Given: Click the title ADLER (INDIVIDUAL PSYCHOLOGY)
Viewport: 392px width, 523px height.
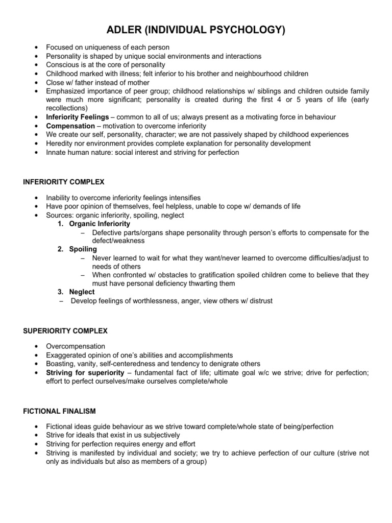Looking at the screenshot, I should coord(196,31).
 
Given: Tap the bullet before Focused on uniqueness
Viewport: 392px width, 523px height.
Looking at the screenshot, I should coord(34,47).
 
